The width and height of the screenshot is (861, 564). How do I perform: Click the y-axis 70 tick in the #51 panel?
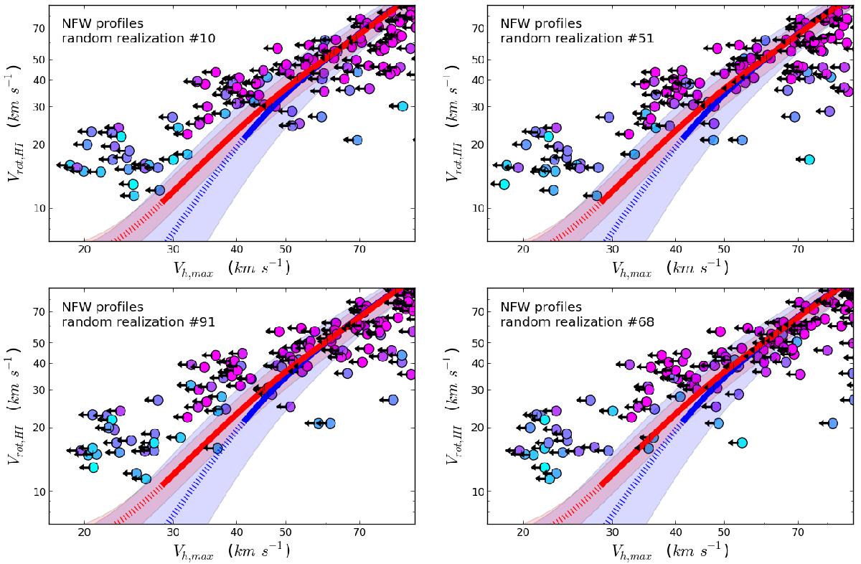tap(476, 29)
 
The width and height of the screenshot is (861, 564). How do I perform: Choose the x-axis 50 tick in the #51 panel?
tap(724, 249)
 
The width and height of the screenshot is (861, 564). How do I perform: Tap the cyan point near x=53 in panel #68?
tap(742, 443)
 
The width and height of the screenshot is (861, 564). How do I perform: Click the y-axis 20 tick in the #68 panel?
tap(476, 427)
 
